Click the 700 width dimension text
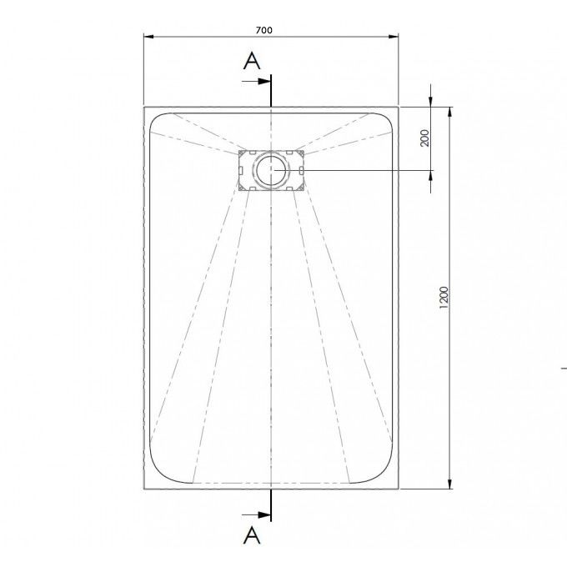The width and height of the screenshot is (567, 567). coord(263,30)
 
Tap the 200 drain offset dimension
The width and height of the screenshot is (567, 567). coord(424,138)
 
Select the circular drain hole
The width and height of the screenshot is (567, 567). coord(271,170)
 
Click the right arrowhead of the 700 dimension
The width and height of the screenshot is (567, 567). coord(394,37)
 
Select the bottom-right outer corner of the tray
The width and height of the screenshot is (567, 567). coord(399,490)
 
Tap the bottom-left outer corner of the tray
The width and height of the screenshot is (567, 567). coord(143,490)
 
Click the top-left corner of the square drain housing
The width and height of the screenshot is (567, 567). coord(238,150)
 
